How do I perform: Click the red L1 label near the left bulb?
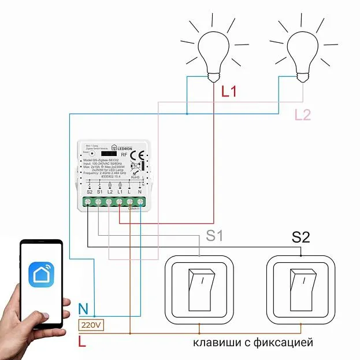click(229, 91)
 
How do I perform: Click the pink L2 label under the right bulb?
click(303, 114)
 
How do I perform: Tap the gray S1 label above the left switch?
click(215, 236)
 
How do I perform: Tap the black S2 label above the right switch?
click(300, 237)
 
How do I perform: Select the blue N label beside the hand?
click(83, 309)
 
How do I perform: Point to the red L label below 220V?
click(82, 342)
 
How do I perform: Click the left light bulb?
click(214, 50)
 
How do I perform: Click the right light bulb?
click(304, 50)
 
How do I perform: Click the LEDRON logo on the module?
click(123, 148)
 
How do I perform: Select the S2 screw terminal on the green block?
click(88, 202)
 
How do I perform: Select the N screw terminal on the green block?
click(140, 202)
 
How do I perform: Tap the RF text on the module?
click(124, 155)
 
